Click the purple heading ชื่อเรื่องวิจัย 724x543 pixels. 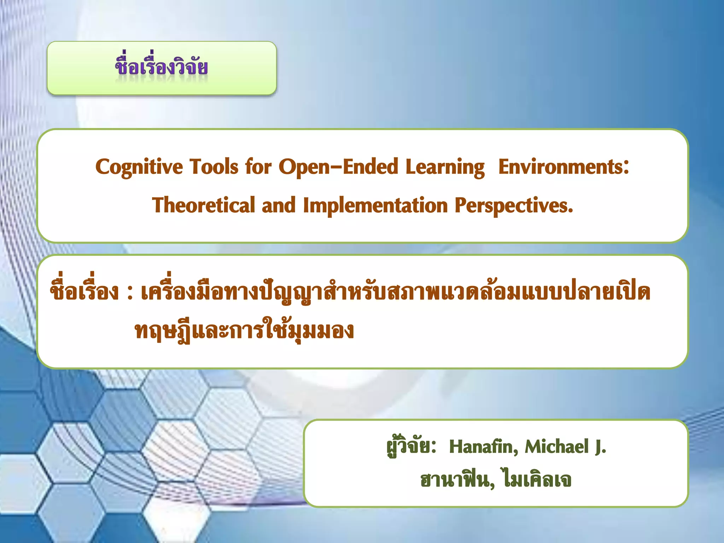point(162,67)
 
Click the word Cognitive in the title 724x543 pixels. point(139,167)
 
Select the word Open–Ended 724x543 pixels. point(339,167)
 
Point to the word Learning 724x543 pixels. point(445,167)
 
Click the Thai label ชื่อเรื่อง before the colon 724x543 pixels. point(84,292)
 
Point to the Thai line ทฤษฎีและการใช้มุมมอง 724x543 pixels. point(244,331)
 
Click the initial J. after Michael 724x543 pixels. point(600,447)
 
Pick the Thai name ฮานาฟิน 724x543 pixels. point(456,480)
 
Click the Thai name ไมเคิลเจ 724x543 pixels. point(537,480)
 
